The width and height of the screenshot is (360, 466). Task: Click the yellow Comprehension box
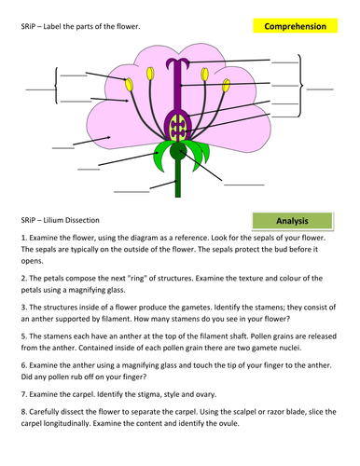tap(295, 27)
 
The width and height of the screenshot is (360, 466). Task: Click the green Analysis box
tap(292, 221)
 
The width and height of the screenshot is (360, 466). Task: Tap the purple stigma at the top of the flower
tap(176, 63)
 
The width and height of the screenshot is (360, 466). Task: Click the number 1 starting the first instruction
tap(21, 239)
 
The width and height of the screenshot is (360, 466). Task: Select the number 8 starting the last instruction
tap(21, 410)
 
